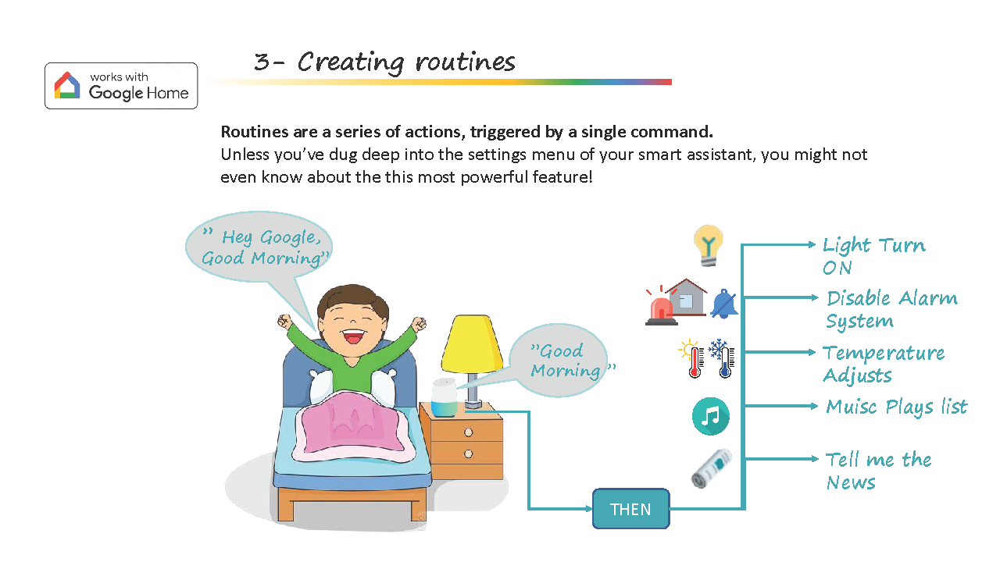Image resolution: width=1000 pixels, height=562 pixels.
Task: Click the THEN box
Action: click(630, 509)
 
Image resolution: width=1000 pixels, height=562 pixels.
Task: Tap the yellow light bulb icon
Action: click(709, 246)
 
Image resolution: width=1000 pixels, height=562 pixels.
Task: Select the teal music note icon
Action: click(711, 416)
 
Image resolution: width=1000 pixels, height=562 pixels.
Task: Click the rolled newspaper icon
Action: click(712, 468)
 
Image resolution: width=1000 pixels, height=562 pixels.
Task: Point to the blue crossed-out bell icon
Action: click(724, 304)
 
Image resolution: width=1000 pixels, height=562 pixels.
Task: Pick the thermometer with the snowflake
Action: click(722, 358)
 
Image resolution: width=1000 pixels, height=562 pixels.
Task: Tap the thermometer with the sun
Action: click(691, 358)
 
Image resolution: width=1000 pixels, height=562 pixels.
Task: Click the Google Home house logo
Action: click(67, 85)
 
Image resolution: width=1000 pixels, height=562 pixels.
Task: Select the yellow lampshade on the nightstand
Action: click(473, 343)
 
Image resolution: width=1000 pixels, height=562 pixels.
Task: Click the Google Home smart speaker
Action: click(445, 397)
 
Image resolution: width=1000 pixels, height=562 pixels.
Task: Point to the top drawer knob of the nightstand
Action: click(468, 432)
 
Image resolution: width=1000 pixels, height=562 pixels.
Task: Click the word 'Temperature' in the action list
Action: click(884, 353)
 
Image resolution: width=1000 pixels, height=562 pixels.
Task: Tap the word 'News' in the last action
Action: click(851, 482)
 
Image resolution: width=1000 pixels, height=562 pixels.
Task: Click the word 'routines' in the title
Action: click(465, 62)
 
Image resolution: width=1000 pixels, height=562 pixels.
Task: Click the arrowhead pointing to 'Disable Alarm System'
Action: click(814, 297)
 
